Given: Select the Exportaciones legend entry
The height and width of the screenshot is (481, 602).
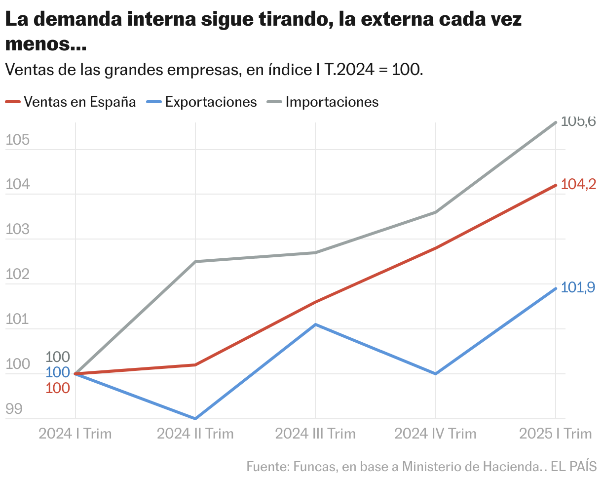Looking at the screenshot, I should [211, 102].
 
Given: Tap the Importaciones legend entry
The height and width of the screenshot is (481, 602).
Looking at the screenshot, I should [332, 102].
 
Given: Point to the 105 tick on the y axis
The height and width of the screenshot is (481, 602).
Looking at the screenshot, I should [17, 140].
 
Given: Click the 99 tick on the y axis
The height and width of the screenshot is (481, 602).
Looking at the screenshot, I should [14, 409].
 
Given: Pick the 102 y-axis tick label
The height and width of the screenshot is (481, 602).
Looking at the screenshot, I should [17, 275].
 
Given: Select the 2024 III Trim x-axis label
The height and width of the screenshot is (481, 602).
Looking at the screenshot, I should [315, 434].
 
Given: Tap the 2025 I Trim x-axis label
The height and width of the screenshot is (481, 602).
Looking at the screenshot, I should [555, 434].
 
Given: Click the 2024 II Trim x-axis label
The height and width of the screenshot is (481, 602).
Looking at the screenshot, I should [195, 434].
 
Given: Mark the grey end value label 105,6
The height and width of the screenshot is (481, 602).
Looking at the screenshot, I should [579, 121].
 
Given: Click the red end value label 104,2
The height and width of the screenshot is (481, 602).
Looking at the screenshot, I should [579, 185].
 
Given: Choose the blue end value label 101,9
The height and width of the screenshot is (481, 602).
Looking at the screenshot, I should [579, 287].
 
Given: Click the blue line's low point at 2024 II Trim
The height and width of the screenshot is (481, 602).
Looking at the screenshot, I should [195, 418].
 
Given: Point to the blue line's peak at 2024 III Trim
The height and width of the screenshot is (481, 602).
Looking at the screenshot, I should [315, 324].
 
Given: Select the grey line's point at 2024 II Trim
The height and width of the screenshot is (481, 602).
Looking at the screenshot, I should [195, 261].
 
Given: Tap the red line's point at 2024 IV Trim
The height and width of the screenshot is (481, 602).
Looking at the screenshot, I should [436, 248].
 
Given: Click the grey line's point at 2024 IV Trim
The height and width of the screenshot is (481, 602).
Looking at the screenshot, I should [436, 212].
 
